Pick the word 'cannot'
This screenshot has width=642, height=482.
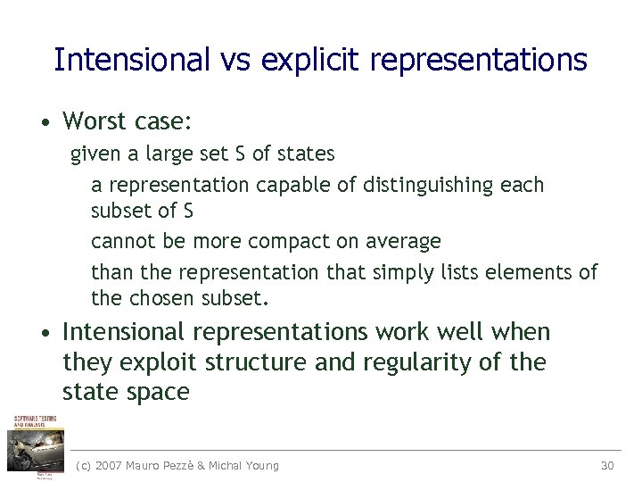point(120,241)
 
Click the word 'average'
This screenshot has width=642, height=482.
point(407,241)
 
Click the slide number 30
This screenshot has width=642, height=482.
point(607,465)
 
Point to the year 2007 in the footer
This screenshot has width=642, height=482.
point(109,465)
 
